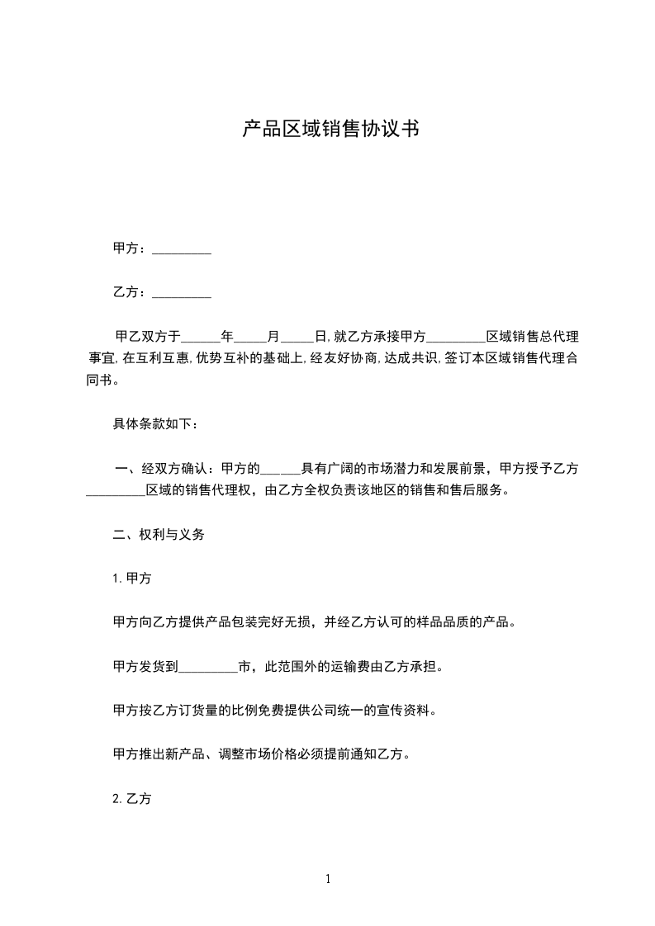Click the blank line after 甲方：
coord(182,249)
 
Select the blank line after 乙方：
coord(182,293)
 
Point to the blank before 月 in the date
coord(251,338)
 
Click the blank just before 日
coord(297,338)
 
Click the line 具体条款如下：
coord(155,425)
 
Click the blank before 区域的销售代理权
coord(116,491)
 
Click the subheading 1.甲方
coord(131,579)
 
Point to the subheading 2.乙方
coord(131,799)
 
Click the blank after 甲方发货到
coord(207,667)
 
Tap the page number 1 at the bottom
coord(328,880)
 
